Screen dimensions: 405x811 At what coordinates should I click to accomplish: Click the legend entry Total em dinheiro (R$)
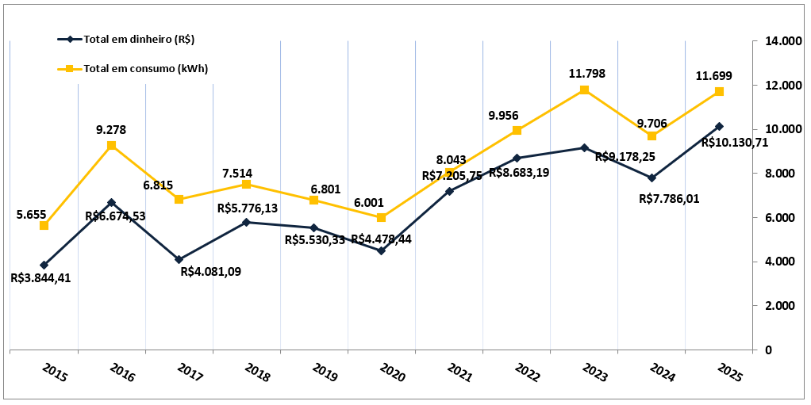[138, 39]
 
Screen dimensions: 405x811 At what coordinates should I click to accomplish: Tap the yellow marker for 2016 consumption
[111, 146]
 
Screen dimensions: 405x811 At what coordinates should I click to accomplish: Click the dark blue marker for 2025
[719, 126]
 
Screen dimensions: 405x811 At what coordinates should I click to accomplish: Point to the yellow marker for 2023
[584, 90]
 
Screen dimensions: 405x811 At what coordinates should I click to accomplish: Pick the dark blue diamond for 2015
[44, 265]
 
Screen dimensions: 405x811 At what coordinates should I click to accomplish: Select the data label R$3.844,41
[41, 278]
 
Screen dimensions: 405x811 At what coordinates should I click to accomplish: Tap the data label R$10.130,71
[736, 143]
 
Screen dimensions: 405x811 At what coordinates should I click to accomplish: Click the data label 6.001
[382, 202]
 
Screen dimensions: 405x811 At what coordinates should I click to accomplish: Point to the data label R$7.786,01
[669, 198]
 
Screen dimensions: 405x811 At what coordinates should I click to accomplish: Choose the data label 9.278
[111, 130]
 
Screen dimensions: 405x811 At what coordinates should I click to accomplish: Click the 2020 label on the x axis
[393, 372]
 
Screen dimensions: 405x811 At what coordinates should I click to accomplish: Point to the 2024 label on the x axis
[663, 372]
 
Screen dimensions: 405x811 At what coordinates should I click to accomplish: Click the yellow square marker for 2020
[382, 217]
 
